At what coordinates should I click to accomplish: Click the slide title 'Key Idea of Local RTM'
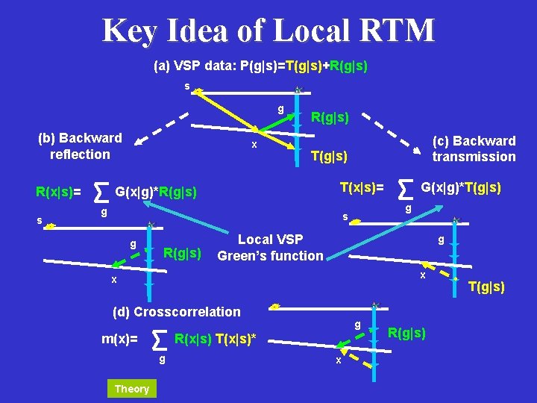click(268, 31)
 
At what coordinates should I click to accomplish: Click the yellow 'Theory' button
click(132, 389)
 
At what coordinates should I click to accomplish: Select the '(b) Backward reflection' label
click(80, 146)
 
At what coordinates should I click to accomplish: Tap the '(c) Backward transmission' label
click(474, 149)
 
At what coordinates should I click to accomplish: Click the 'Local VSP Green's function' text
click(270, 248)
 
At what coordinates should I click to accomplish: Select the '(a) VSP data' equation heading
click(260, 66)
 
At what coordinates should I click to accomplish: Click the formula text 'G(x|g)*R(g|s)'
click(157, 193)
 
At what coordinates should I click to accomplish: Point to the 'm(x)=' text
click(119, 340)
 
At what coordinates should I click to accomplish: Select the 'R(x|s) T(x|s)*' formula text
click(215, 340)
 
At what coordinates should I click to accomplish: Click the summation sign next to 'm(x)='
click(159, 341)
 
